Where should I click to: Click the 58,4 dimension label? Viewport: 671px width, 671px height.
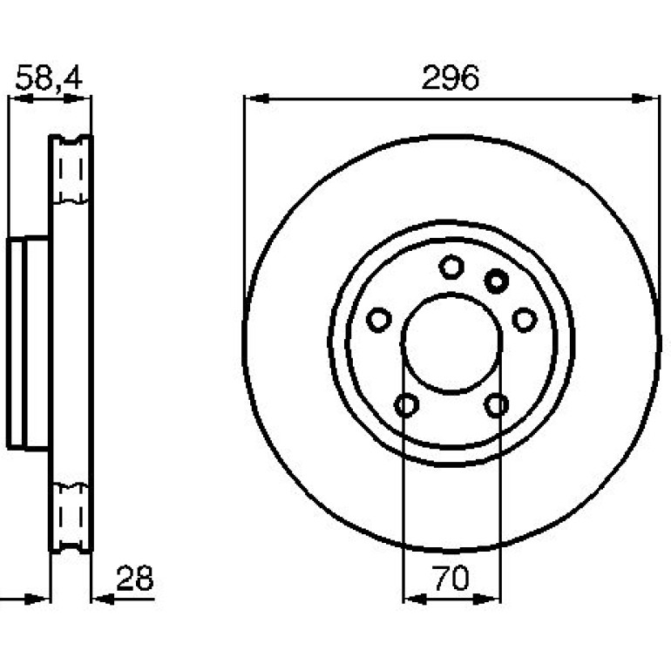pos(49,78)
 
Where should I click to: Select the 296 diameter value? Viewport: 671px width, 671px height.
pos(451,78)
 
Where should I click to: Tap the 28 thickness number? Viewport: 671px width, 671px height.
pos(134,578)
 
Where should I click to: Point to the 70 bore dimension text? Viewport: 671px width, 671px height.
pos(451,578)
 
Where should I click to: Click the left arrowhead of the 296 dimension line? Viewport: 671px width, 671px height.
pos(257,98)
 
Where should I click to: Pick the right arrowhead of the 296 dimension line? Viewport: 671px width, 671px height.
pos(645,98)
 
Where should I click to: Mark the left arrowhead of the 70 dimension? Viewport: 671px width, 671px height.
pos(416,600)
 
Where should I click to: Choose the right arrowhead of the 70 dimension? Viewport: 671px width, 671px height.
pos(487,600)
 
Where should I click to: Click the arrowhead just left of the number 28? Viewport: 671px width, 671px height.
pos(104,600)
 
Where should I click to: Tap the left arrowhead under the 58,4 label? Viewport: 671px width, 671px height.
pos(22,98)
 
